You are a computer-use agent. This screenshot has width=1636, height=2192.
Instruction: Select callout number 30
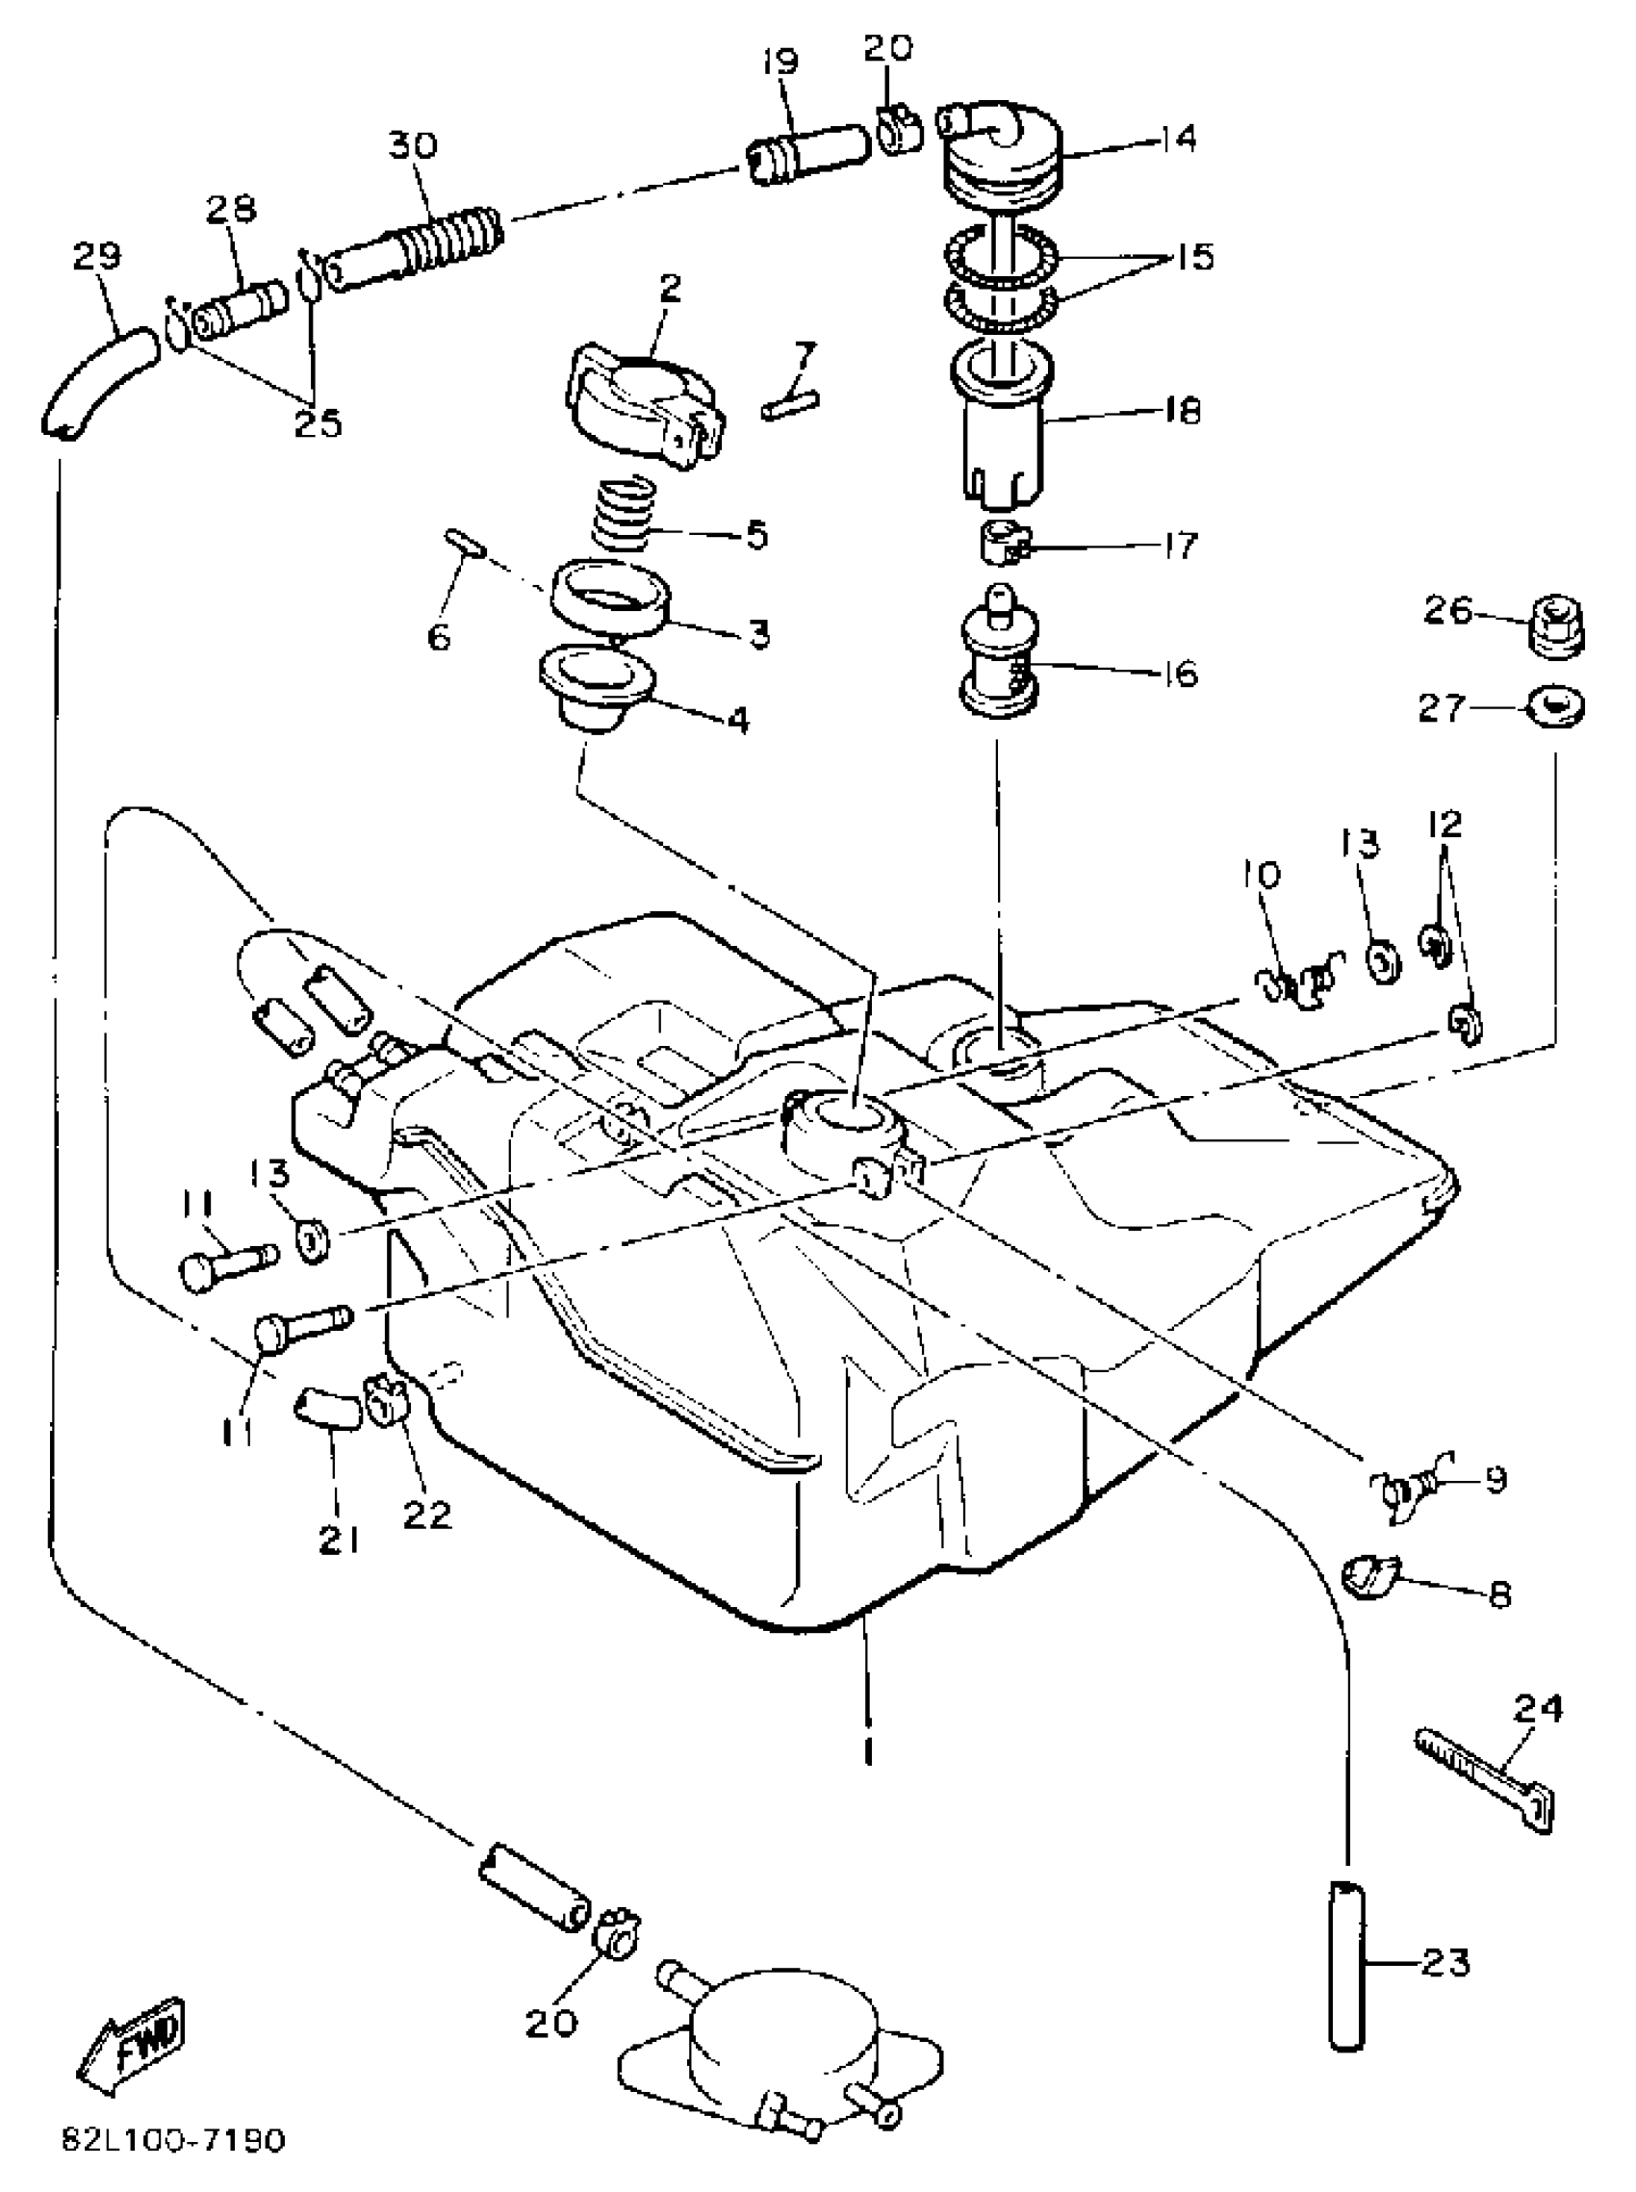tap(412, 145)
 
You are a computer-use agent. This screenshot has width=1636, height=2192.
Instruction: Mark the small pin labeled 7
tap(789, 405)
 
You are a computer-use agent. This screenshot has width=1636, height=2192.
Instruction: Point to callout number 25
tap(318, 423)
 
